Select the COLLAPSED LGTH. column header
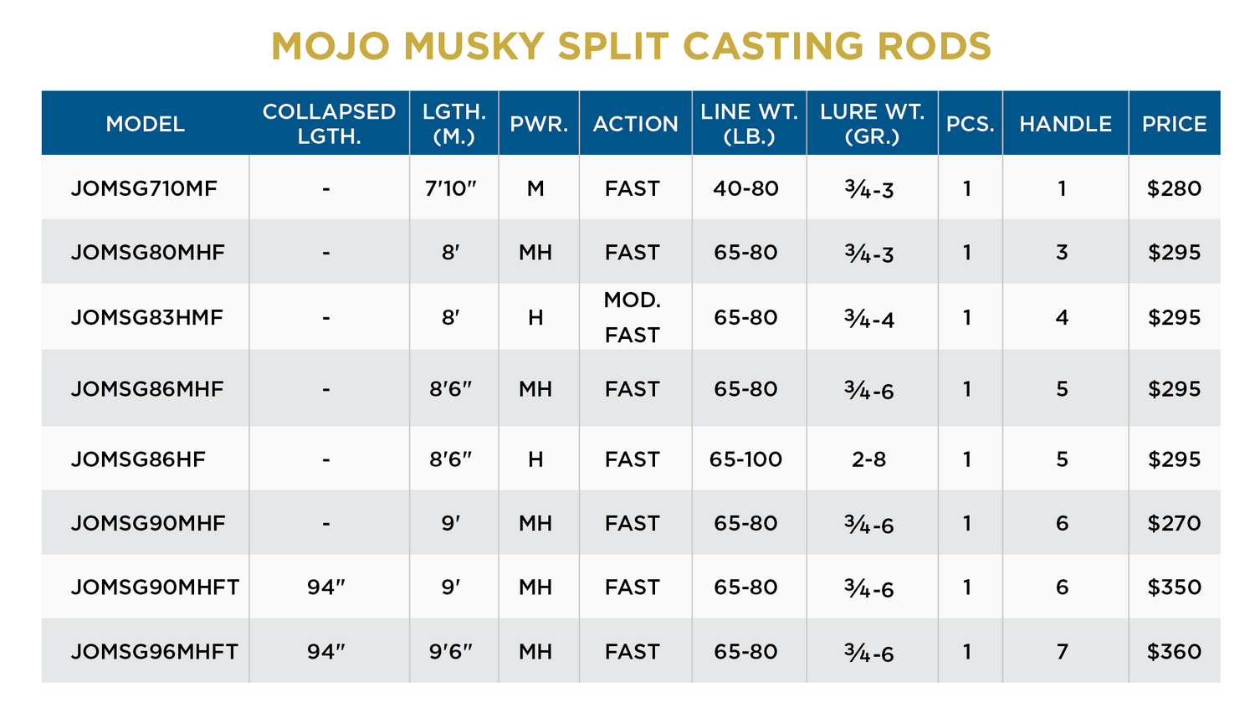click(329, 124)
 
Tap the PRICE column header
click(1174, 124)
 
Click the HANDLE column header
click(1065, 124)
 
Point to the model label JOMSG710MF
click(144, 188)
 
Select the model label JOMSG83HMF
click(147, 317)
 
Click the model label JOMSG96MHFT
click(155, 651)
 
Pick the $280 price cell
click(1174, 188)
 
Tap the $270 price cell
click(1174, 523)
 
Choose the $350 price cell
click(1174, 587)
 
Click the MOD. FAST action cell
click(633, 317)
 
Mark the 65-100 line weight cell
click(745, 459)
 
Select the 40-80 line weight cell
click(745, 188)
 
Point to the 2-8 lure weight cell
click(868, 459)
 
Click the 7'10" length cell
click(450, 188)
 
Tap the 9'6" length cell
click(450, 651)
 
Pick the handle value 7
click(1062, 651)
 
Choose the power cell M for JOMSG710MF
click(535, 188)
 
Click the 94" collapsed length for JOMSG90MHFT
click(325, 587)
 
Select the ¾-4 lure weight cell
click(869, 318)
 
